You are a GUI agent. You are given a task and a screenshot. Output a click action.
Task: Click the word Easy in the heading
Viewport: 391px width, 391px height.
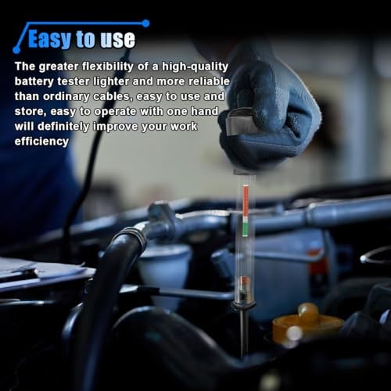click(x=49, y=39)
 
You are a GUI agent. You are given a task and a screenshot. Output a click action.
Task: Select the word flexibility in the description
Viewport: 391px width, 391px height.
click(x=108, y=66)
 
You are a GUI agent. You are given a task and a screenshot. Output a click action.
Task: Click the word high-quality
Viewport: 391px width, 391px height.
click(x=195, y=66)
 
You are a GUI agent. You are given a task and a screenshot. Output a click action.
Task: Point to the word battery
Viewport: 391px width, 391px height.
click(x=34, y=81)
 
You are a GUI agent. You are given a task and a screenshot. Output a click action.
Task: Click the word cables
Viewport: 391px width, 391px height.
click(x=113, y=96)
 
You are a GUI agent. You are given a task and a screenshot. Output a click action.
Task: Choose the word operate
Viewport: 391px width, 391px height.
click(x=115, y=112)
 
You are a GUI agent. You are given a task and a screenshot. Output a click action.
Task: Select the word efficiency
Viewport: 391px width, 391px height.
click(x=41, y=142)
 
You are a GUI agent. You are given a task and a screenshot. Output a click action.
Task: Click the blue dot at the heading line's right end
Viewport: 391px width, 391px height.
click(x=145, y=23)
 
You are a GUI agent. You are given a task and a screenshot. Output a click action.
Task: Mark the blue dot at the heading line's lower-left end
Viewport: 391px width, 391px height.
click(x=16, y=49)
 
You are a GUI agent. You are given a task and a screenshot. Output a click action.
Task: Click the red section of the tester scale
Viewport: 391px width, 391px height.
click(x=246, y=200)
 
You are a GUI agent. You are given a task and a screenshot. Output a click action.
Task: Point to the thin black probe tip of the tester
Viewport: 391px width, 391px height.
click(x=243, y=334)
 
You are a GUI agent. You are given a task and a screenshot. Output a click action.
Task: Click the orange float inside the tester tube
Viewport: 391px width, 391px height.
click(x=244, y=282)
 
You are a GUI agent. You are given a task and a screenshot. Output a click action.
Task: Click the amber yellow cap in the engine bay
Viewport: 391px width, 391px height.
click(x=307, y=323)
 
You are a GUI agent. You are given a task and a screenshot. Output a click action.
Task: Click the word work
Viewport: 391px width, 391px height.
click(x=184, y=127)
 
